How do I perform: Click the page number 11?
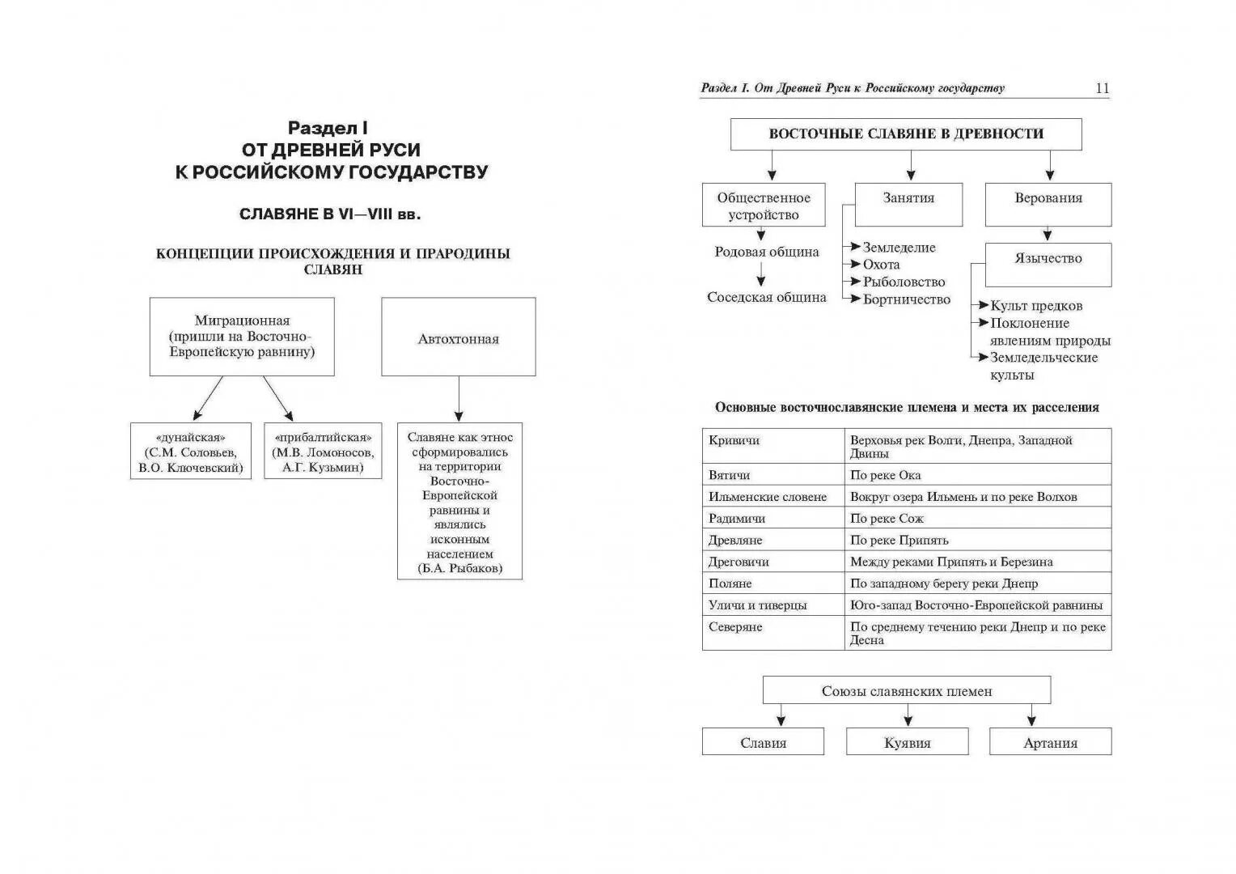(x=1102, y=89)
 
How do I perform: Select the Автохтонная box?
(x=458, y=337)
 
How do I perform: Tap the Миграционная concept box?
(x=242, y=337)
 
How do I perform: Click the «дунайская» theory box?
(x=191, y=452)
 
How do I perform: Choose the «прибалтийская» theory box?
(x=323, y=452)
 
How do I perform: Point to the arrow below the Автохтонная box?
(x=459, y=399)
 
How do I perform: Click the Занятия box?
(x=908, y=204)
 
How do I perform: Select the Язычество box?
(x=1048, y=264)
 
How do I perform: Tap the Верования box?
(x=1048, y=204)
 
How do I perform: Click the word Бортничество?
(x=907, y=299)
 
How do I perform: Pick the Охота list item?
(x=881, y=265)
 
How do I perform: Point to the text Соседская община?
(x=766, y=297)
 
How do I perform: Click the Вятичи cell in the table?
(x=730, y=475)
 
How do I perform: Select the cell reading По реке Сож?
(x=887, y=518)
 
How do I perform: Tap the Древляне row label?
(x=735, y=540)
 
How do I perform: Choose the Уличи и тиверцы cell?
(x=758, y=605)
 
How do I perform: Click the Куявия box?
(x=907, y=742)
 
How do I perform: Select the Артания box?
(x=1050, y=742)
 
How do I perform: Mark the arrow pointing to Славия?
(x=781, y=715)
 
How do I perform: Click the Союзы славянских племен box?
(x=906, y=690)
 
